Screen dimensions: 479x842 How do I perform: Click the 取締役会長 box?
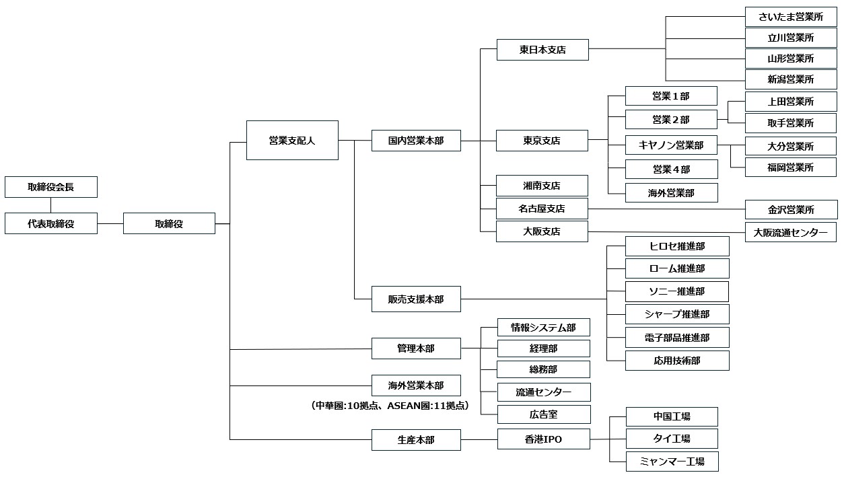point(50,187)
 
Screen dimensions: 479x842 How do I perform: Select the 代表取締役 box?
point(50,223)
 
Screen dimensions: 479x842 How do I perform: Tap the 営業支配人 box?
point(292,141)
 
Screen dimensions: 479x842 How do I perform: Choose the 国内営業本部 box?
point(416,141)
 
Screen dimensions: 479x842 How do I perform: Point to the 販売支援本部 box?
point(416,299)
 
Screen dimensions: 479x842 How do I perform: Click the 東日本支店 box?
point(542,50)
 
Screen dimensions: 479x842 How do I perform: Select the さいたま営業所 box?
point(790,17)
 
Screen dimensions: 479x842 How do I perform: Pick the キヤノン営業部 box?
point(670,145)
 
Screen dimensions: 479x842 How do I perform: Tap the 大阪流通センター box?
point(790,232)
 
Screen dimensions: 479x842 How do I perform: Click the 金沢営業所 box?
point(790,209)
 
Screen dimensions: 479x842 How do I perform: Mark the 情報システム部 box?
point(543,328)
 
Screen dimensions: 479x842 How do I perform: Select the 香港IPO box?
point(543,439)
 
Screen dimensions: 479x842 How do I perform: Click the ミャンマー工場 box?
point(671,462)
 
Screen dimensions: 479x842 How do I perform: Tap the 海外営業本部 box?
point(416,385)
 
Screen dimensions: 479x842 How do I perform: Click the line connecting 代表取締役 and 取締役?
point(110,223)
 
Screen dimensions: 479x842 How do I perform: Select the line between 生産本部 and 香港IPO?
point(479,440)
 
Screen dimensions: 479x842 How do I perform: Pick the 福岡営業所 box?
point(790,168)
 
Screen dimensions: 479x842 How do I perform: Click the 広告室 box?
point(543,414)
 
